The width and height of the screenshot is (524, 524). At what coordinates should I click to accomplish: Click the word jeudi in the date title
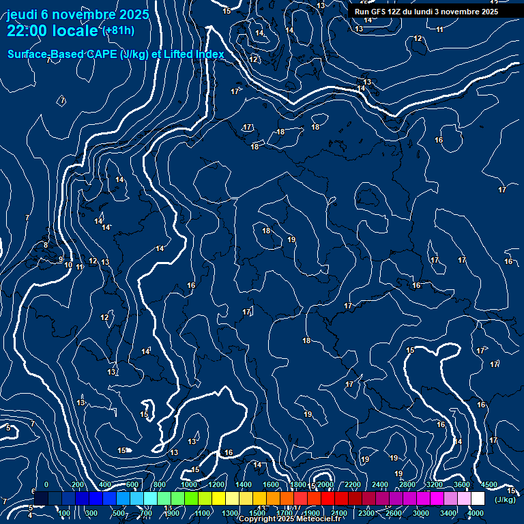coord(24,14)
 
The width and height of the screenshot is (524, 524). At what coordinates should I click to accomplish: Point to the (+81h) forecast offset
coord(118,31)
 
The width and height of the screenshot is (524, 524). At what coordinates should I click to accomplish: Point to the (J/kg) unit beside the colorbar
coord(504,500)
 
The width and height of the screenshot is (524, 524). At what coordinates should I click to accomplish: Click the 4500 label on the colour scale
coord(489,484)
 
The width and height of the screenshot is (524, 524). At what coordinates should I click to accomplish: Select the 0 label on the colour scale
coord(46,484)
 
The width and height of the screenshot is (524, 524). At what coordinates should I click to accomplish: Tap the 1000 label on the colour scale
coord(188,484)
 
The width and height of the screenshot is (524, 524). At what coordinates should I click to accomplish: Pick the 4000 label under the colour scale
coord(476,513)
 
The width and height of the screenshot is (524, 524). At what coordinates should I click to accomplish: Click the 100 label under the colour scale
coord(65,513)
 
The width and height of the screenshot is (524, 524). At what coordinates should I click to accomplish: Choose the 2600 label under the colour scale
coord(394,513)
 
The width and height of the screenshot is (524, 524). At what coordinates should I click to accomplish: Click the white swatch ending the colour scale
coord(478,499)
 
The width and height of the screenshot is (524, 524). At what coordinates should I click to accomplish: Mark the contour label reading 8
coord(46,245)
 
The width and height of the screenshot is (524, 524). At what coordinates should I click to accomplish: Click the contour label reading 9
coord(60,259)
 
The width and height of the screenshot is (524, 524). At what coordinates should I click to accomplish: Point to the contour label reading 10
coord(68,265)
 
